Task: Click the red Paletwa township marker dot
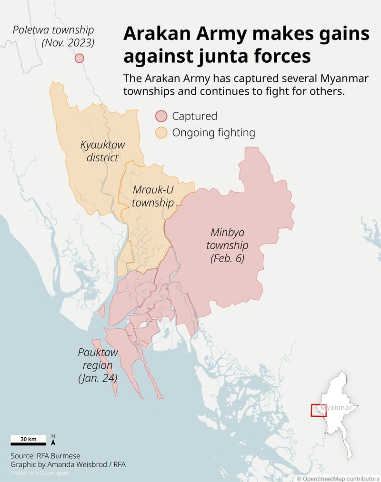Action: (x=80, y=58)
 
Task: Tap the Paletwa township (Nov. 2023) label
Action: (x=53, y=36)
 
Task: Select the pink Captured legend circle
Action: (x=162, y=116)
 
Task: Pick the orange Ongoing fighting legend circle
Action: (x=162, y=132)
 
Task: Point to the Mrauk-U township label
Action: (x=153, y=196)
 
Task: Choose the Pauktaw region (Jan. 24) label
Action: (x=98, y=365)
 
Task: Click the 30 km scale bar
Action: (x=29, y=439)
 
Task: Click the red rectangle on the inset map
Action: (x=319, y=410)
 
